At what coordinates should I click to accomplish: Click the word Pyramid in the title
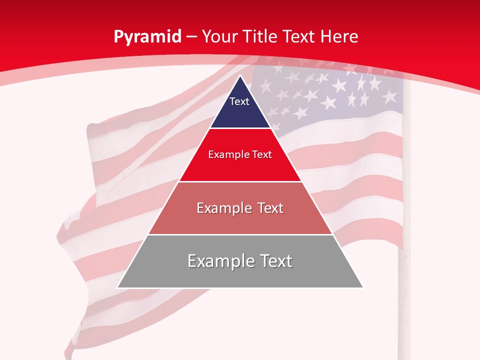coord(147,37)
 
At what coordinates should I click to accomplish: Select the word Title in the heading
coord(262,36)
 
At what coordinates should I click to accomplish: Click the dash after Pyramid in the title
coord(191,37)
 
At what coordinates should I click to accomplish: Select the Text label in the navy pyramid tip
coord(239,101)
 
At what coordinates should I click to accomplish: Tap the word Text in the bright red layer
coord(261,155)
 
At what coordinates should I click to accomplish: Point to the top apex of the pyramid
coord(240,75)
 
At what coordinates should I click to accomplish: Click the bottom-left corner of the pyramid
coord(117,287)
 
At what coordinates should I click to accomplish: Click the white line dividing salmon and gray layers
coord(240,234)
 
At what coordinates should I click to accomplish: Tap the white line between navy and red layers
coord(240,128)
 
